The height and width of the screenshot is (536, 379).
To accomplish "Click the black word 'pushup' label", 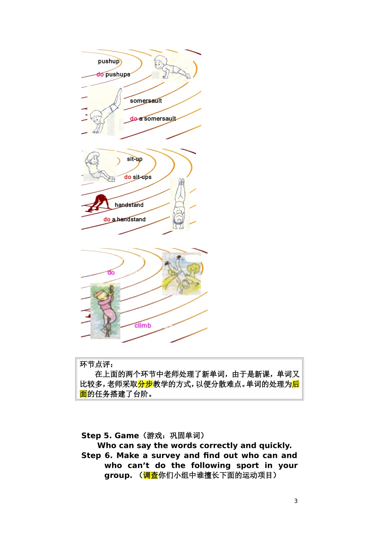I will (109, 61).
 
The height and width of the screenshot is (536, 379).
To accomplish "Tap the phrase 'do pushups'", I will (113, 75).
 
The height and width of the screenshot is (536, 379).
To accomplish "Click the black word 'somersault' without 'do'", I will (146, 101).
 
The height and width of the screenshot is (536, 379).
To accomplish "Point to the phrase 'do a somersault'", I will (153, 119).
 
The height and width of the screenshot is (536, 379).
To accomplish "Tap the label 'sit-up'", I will (134, 159).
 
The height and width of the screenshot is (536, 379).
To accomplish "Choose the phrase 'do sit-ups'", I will (138, 177).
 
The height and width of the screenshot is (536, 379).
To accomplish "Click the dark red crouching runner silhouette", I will (99, 203).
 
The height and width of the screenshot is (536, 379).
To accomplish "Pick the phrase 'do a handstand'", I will (124, 219).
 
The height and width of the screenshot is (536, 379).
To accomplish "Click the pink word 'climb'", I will (143, 326).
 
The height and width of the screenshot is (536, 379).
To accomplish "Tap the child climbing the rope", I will (105, 311).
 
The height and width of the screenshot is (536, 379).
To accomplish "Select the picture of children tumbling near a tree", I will (182, 274).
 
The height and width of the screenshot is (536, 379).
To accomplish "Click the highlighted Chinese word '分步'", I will (145, 384).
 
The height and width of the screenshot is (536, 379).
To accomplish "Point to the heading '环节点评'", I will (96, 364).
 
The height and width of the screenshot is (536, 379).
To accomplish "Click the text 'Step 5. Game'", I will (110, 436).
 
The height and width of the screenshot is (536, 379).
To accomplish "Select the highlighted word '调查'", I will (150, 475).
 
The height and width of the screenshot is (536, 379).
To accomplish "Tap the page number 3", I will (296, 501).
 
